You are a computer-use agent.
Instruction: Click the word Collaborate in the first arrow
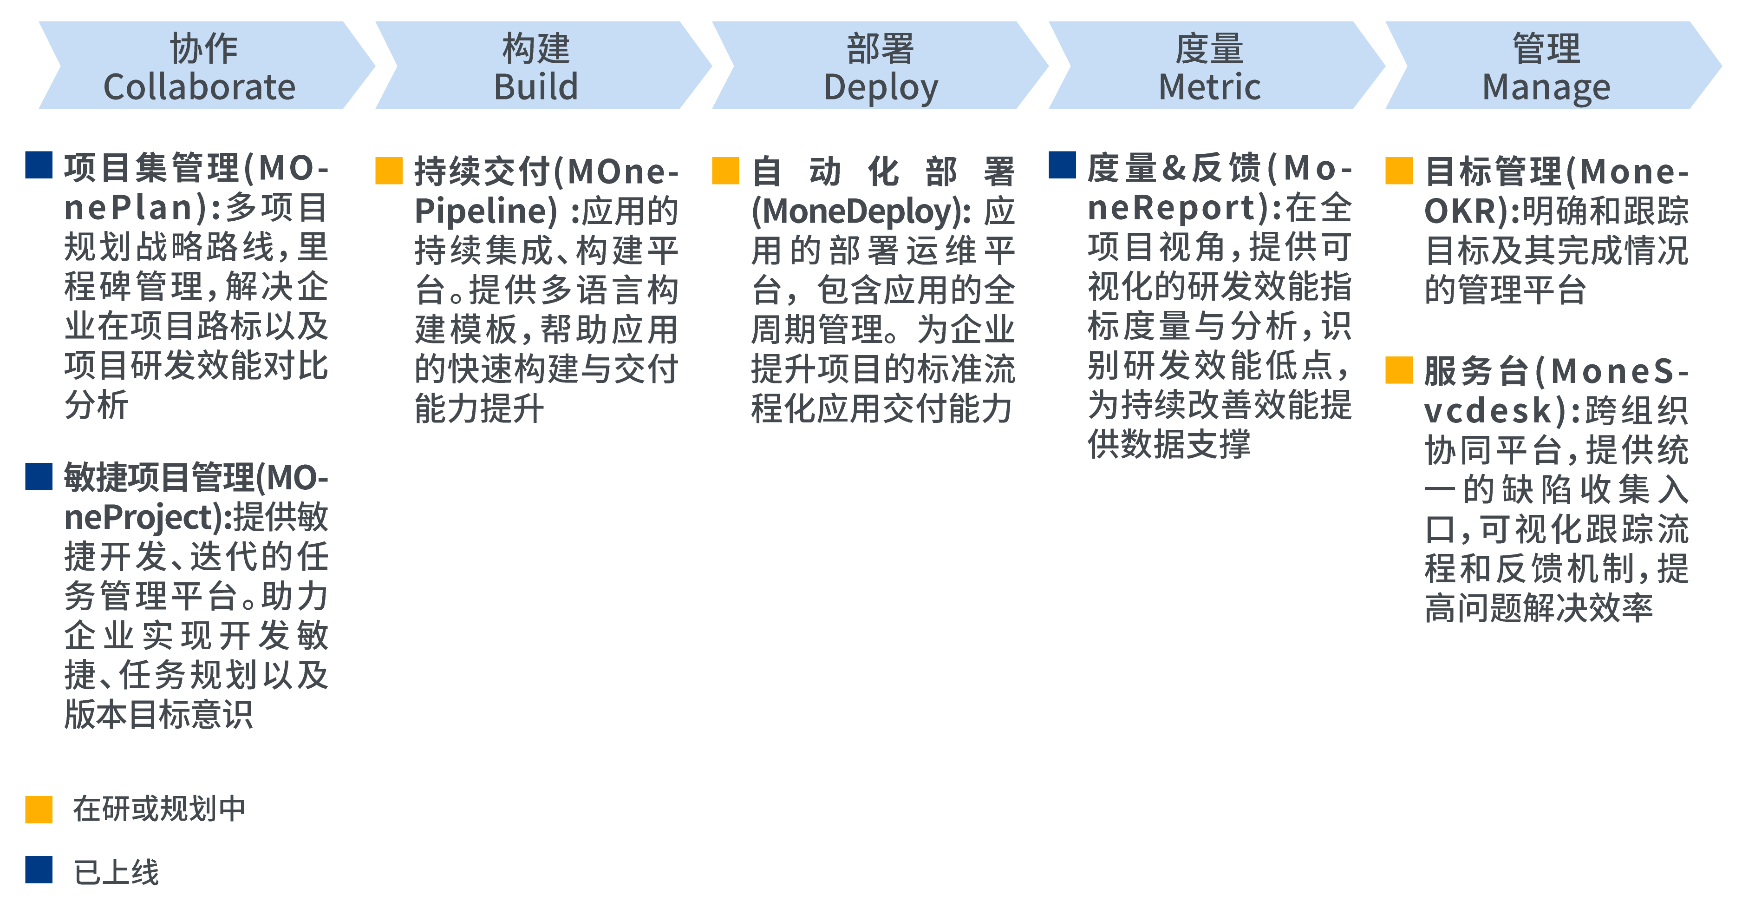pos(200,87)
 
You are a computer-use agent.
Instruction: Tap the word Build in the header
pos(535,87)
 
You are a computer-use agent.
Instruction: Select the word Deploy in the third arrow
pos(881,88)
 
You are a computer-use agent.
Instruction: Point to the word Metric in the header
pos(1209,87)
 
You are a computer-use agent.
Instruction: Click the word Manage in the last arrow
pos(1546,88)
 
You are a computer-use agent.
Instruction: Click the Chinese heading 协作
pos(203,49)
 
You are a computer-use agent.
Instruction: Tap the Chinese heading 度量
pos(1209,49)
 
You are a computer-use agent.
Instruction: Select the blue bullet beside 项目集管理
pos(39,165)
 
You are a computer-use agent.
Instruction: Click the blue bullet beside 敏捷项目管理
pos(39,476)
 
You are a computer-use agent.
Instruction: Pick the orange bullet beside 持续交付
pos(389,171)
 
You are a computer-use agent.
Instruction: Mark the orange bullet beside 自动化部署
pos(725,171)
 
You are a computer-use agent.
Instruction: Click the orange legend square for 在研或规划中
pos(39,810)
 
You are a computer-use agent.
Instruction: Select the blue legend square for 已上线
pos(39,869)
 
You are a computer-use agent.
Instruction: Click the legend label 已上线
pos(116,872)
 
